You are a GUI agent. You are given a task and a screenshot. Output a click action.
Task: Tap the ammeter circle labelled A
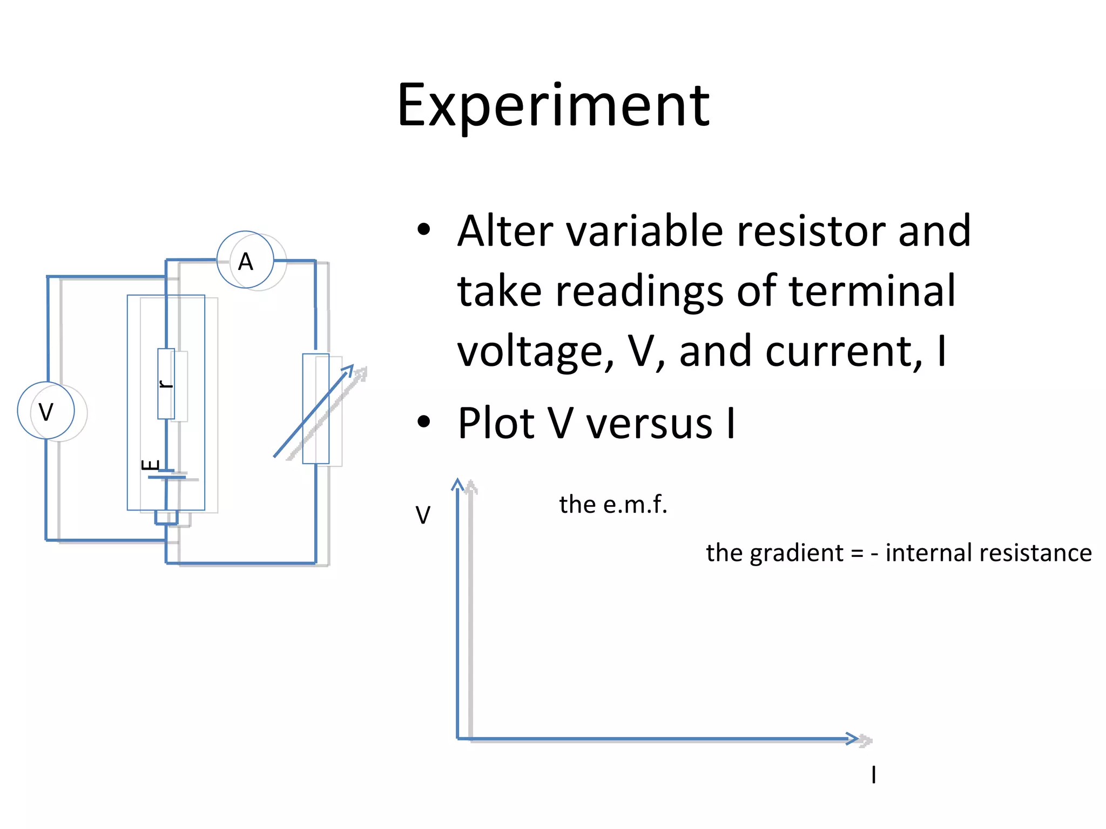(x=246, y=261)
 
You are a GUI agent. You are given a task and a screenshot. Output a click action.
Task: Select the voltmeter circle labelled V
(x=46, y=411)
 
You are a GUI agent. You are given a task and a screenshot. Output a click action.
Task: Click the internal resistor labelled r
(x=166, y=384)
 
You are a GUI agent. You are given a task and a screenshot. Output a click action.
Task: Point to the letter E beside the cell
(x=151, y=465)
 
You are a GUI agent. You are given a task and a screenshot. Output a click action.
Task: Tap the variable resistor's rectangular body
(x=316, y=409)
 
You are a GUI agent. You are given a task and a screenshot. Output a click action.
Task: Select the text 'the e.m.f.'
(x=613, y=505)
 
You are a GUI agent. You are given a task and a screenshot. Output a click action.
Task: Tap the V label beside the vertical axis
(x=423, y=515)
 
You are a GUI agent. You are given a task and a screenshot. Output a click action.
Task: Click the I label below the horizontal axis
(x=873, y=775)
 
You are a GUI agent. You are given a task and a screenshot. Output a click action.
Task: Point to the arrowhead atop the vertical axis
(x=457, y=484)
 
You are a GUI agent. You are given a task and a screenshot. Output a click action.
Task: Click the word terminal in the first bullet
(x=872, y=291)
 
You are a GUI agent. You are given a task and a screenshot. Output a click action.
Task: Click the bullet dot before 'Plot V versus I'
(x=424, y=422)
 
